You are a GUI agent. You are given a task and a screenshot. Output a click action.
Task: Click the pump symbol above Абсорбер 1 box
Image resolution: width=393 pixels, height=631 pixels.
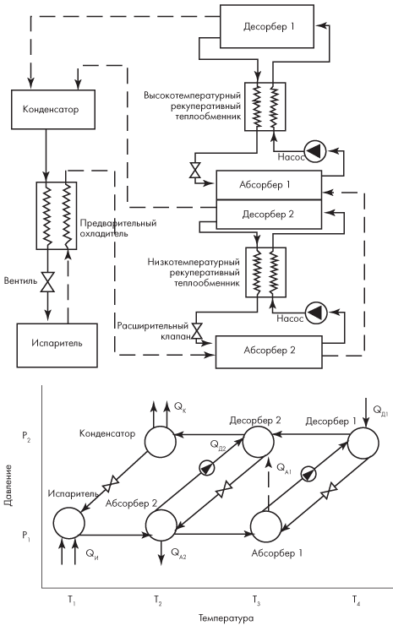tap(315, 151)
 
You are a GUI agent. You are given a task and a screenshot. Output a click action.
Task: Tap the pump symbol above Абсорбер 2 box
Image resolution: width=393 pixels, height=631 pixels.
tap(316, 313)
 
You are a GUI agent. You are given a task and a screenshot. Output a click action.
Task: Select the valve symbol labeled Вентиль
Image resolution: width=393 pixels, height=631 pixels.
tap(48, 281)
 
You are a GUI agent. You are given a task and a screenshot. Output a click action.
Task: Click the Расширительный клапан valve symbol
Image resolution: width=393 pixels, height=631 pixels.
tap(197, 330)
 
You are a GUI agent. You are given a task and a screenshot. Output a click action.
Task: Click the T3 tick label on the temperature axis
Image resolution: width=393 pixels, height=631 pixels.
tap(256, 601)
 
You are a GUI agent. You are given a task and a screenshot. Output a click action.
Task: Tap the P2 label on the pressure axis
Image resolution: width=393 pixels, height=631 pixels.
tap(26, 437)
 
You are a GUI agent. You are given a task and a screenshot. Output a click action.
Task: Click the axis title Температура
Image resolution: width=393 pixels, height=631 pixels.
tap(227, 618)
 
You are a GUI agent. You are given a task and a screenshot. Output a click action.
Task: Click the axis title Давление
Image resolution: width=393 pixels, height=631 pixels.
tap(8, 485)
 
